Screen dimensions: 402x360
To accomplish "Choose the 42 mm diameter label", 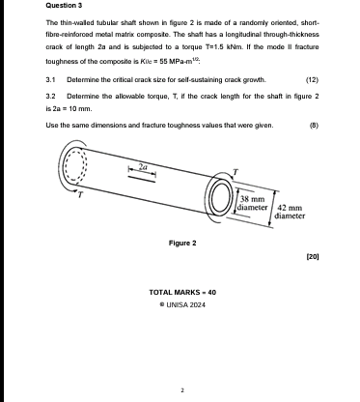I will coord(291,214).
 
